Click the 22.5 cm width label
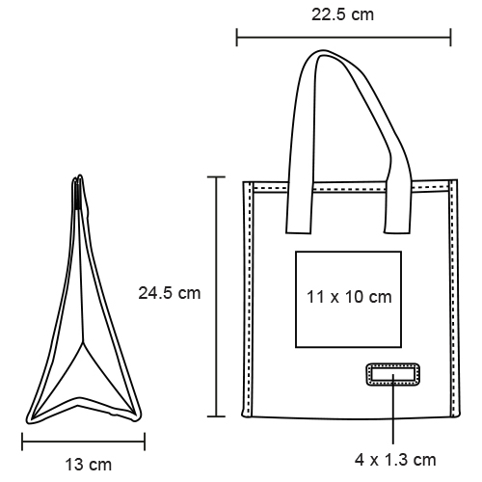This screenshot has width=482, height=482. [x=342, y=14]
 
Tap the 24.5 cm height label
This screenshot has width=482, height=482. [x=170, y=293]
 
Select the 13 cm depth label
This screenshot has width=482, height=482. [x=89, y=465]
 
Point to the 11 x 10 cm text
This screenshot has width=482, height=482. [x=349, y=297]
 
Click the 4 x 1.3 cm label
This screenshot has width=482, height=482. [x=395, y=460]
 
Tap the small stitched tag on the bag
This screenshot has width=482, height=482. [x=392, y=374]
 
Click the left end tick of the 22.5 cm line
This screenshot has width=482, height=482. [x=237, y=38]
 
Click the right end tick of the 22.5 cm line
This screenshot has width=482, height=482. [x=450, y=38]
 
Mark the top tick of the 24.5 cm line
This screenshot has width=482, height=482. [x=216, y=176]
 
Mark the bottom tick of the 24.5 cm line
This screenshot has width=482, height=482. [x=216, y=416]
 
